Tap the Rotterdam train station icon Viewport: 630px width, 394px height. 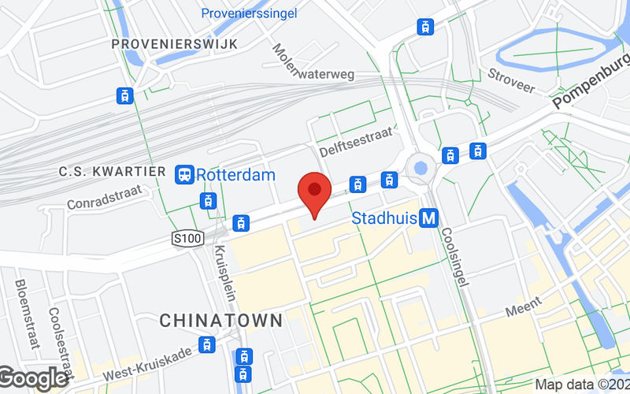click(184, 173)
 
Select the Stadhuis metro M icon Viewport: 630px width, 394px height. click(429, 217)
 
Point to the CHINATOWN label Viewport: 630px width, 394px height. click(220, 321)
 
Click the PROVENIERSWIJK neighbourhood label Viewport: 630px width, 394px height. click(174, 43)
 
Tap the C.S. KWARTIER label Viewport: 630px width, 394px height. click(113, 172)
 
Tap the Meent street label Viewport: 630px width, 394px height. click(523, 306)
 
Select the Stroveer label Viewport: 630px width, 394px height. click(511, 76)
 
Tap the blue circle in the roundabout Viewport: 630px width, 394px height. click(420, 167)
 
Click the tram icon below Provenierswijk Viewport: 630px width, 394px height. click(124, 96)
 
